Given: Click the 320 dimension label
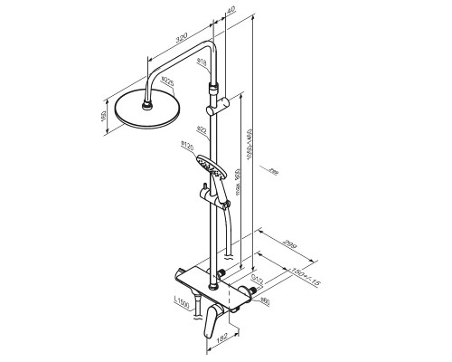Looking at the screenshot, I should click(180, 41).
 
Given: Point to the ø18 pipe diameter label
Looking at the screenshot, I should click(202, 62).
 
